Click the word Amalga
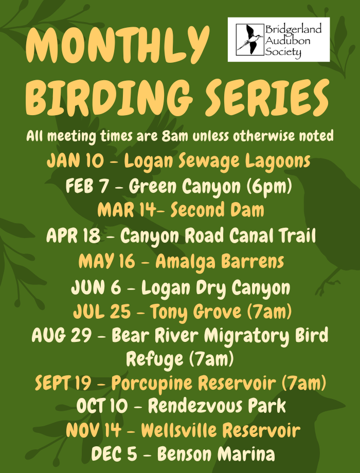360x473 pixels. click(x=186, y=261)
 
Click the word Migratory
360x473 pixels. click(x=246, y=336)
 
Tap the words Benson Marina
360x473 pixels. click(x=215, y=454)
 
